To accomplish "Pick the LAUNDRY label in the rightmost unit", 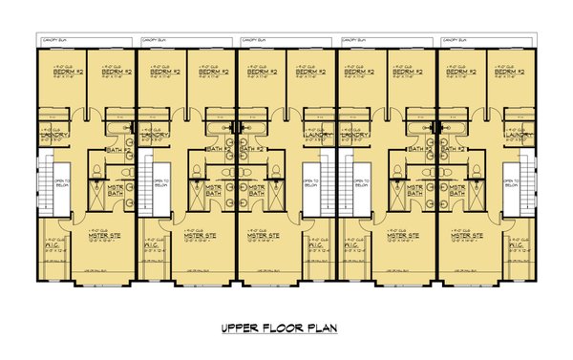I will coord(520,136).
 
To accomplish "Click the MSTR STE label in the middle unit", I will coord(261,234).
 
